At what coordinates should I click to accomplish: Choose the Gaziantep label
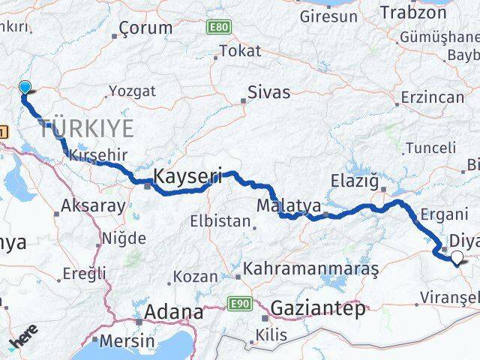[x=318, y=308]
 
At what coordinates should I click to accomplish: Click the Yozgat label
[x=132, y=91]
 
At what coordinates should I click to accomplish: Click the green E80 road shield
[x=217, y=26]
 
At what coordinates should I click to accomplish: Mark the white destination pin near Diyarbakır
[x=457, y=258]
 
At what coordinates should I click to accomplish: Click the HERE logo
[x=25, y=343]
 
